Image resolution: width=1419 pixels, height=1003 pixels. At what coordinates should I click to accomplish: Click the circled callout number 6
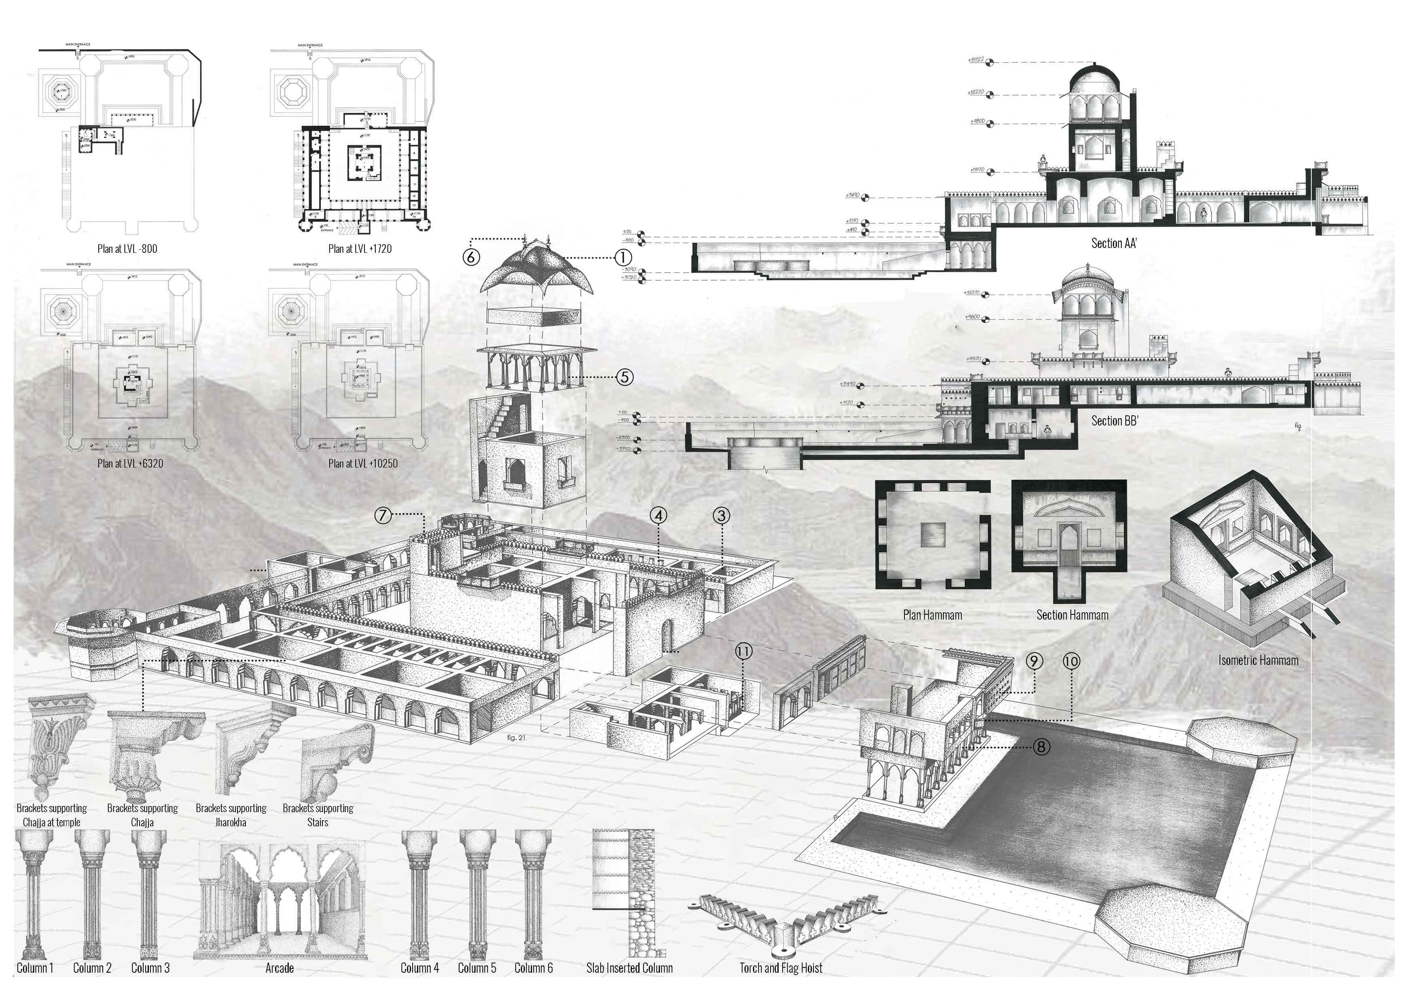(x=471, y=257)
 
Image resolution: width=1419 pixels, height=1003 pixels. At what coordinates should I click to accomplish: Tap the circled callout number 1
(x=623, y=257)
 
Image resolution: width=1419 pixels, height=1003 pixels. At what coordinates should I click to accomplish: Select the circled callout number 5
(x=625, y=377)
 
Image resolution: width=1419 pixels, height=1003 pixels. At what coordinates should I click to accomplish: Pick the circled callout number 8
(x=1041, y=747)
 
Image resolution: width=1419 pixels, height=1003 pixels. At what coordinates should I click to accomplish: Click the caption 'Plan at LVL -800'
(x=127, y=249)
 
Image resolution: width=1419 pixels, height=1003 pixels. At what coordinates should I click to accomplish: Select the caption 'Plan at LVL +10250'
(x=363, y=463)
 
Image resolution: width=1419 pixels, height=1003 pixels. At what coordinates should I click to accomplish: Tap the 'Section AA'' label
(x=1114, y=243)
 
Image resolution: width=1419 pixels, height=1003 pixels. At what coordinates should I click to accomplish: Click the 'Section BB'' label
(x=1114, y=421)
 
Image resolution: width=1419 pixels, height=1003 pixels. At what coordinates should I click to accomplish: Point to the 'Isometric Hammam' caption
(x=1258, y=660)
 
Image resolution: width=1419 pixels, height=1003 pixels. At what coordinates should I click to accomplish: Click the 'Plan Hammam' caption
(x=933, y=615)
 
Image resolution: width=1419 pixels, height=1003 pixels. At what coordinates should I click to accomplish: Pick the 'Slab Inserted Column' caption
(x=629, y=968)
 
